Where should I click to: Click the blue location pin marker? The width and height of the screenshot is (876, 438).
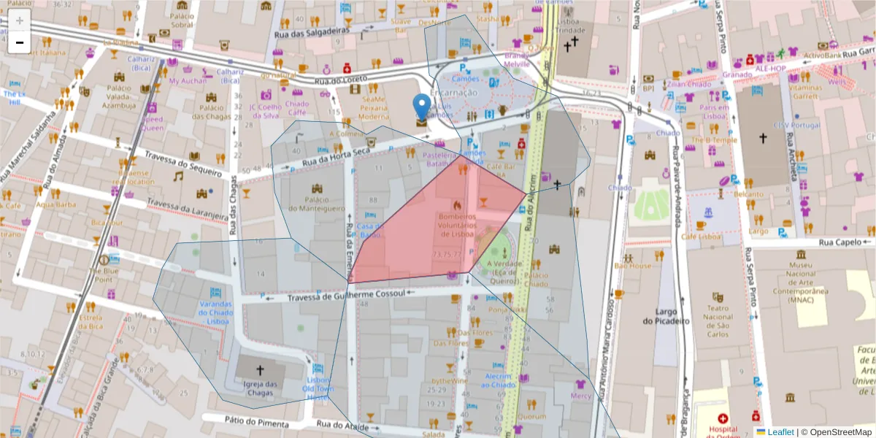point(422,107)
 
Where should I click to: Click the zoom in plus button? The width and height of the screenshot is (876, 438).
point(20,20)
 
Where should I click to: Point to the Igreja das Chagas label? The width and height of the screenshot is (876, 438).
point(261,388)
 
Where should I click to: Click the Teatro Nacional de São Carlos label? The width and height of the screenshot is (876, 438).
point(718,321)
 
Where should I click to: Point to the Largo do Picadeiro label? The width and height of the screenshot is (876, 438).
point(666,315)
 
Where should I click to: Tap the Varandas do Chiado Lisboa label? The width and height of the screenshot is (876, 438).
point(215,312)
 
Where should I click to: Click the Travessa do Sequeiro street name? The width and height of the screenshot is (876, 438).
point(182,164)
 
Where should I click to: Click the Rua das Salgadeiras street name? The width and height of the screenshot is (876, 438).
point(308,34)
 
